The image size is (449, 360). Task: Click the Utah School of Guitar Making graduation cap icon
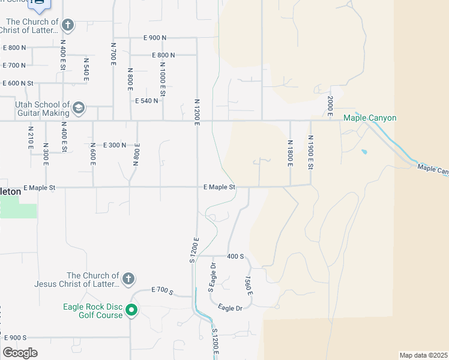click(78, 109)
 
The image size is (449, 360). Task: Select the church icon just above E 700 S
click(128, 279)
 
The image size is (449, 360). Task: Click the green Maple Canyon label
click(370, 118)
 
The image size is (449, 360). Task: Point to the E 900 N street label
click(155, 38)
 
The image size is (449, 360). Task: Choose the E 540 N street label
click(147, 101)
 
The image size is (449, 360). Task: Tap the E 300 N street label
click(115, 145)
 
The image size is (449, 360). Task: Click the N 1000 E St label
click(162, 81)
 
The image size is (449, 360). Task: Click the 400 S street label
click(235, 256)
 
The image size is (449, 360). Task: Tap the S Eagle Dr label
click(211, 278)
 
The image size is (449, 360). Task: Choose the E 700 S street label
click(162, 292)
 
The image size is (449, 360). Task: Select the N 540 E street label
click(86, 70)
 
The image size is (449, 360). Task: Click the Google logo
click(20, 353)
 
